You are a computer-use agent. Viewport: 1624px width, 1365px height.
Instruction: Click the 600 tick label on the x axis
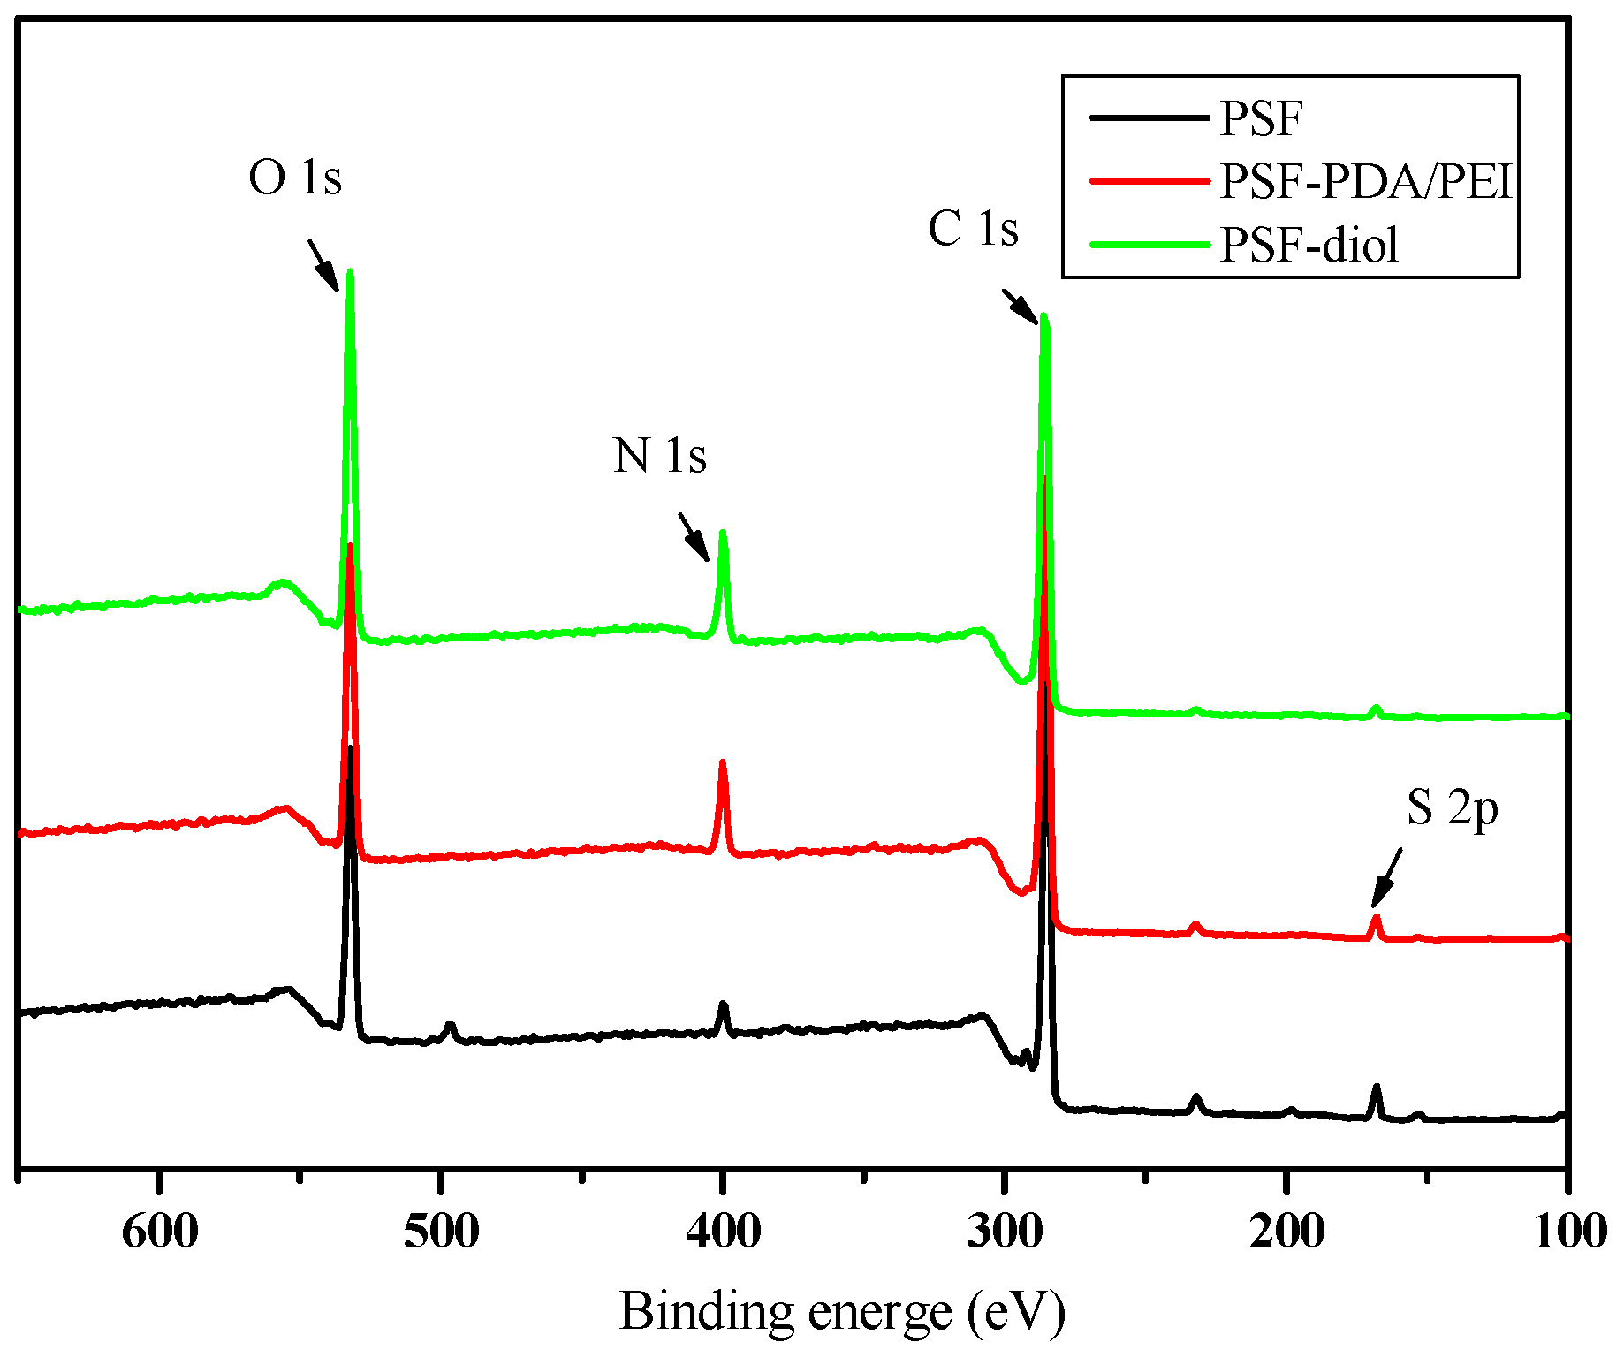pyautogui.click(x=160, y=1231)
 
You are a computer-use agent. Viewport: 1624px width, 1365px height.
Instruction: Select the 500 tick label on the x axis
pyautogui.click(x=441, y=1231)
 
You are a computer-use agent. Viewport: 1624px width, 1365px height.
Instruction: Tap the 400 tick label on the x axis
pyautogui.click(x=723, y=1231)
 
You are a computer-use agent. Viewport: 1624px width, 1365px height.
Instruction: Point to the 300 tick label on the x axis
pyautogui.click(x=1005, y=1231)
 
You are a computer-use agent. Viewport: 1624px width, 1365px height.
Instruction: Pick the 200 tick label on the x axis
pyautogui.click(x=1286, y=1231)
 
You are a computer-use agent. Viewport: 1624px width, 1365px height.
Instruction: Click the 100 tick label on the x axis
pyautogui.click(x=1567, y=1231)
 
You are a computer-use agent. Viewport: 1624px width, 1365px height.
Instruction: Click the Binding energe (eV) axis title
pyautogui.click(x=842, y=1312)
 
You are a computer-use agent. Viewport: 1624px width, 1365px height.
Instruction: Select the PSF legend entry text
pyautogui.click(x=1261, y=119)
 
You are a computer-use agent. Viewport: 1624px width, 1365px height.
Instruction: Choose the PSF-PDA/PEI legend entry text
pyautogui.click(x=1367, y=182)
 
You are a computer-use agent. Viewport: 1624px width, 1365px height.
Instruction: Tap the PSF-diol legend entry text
pyautogui.click(x=1309, y=245)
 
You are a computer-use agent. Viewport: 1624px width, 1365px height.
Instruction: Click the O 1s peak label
pyautogui.click(x=294, y=178)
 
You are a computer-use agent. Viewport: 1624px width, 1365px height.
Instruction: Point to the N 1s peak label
pyautogui.click(x=660, y=457)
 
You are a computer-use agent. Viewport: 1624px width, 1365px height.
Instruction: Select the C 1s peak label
pyautogui.click(x=973, y=229)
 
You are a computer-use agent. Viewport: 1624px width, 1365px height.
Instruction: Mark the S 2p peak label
pyautogui.click(x=1453, y=808)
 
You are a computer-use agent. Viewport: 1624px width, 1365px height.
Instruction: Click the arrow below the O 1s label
pyautogui.click(x=323, y=264)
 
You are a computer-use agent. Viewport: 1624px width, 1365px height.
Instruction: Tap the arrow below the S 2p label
pyautogui.click(x=1386, y=878)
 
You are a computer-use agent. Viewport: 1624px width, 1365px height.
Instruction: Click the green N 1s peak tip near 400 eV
pyautogui.click(x=723, y=533)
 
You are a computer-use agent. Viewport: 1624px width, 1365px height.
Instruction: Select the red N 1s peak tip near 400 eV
pyautogui.click(x=723, y=762)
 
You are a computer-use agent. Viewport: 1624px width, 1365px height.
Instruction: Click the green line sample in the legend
pyautogui.click(x=1149, y=245)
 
